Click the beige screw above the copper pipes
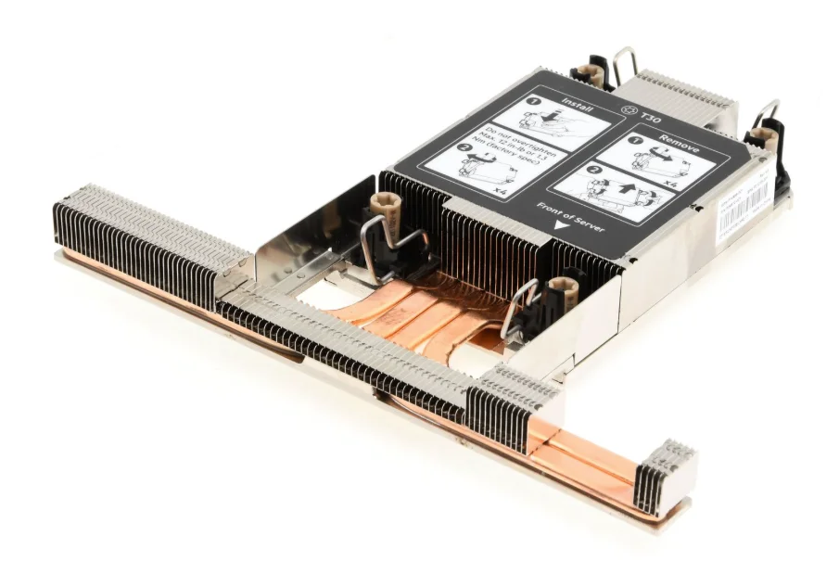pos(561,288)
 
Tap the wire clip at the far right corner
pos(769,114)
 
